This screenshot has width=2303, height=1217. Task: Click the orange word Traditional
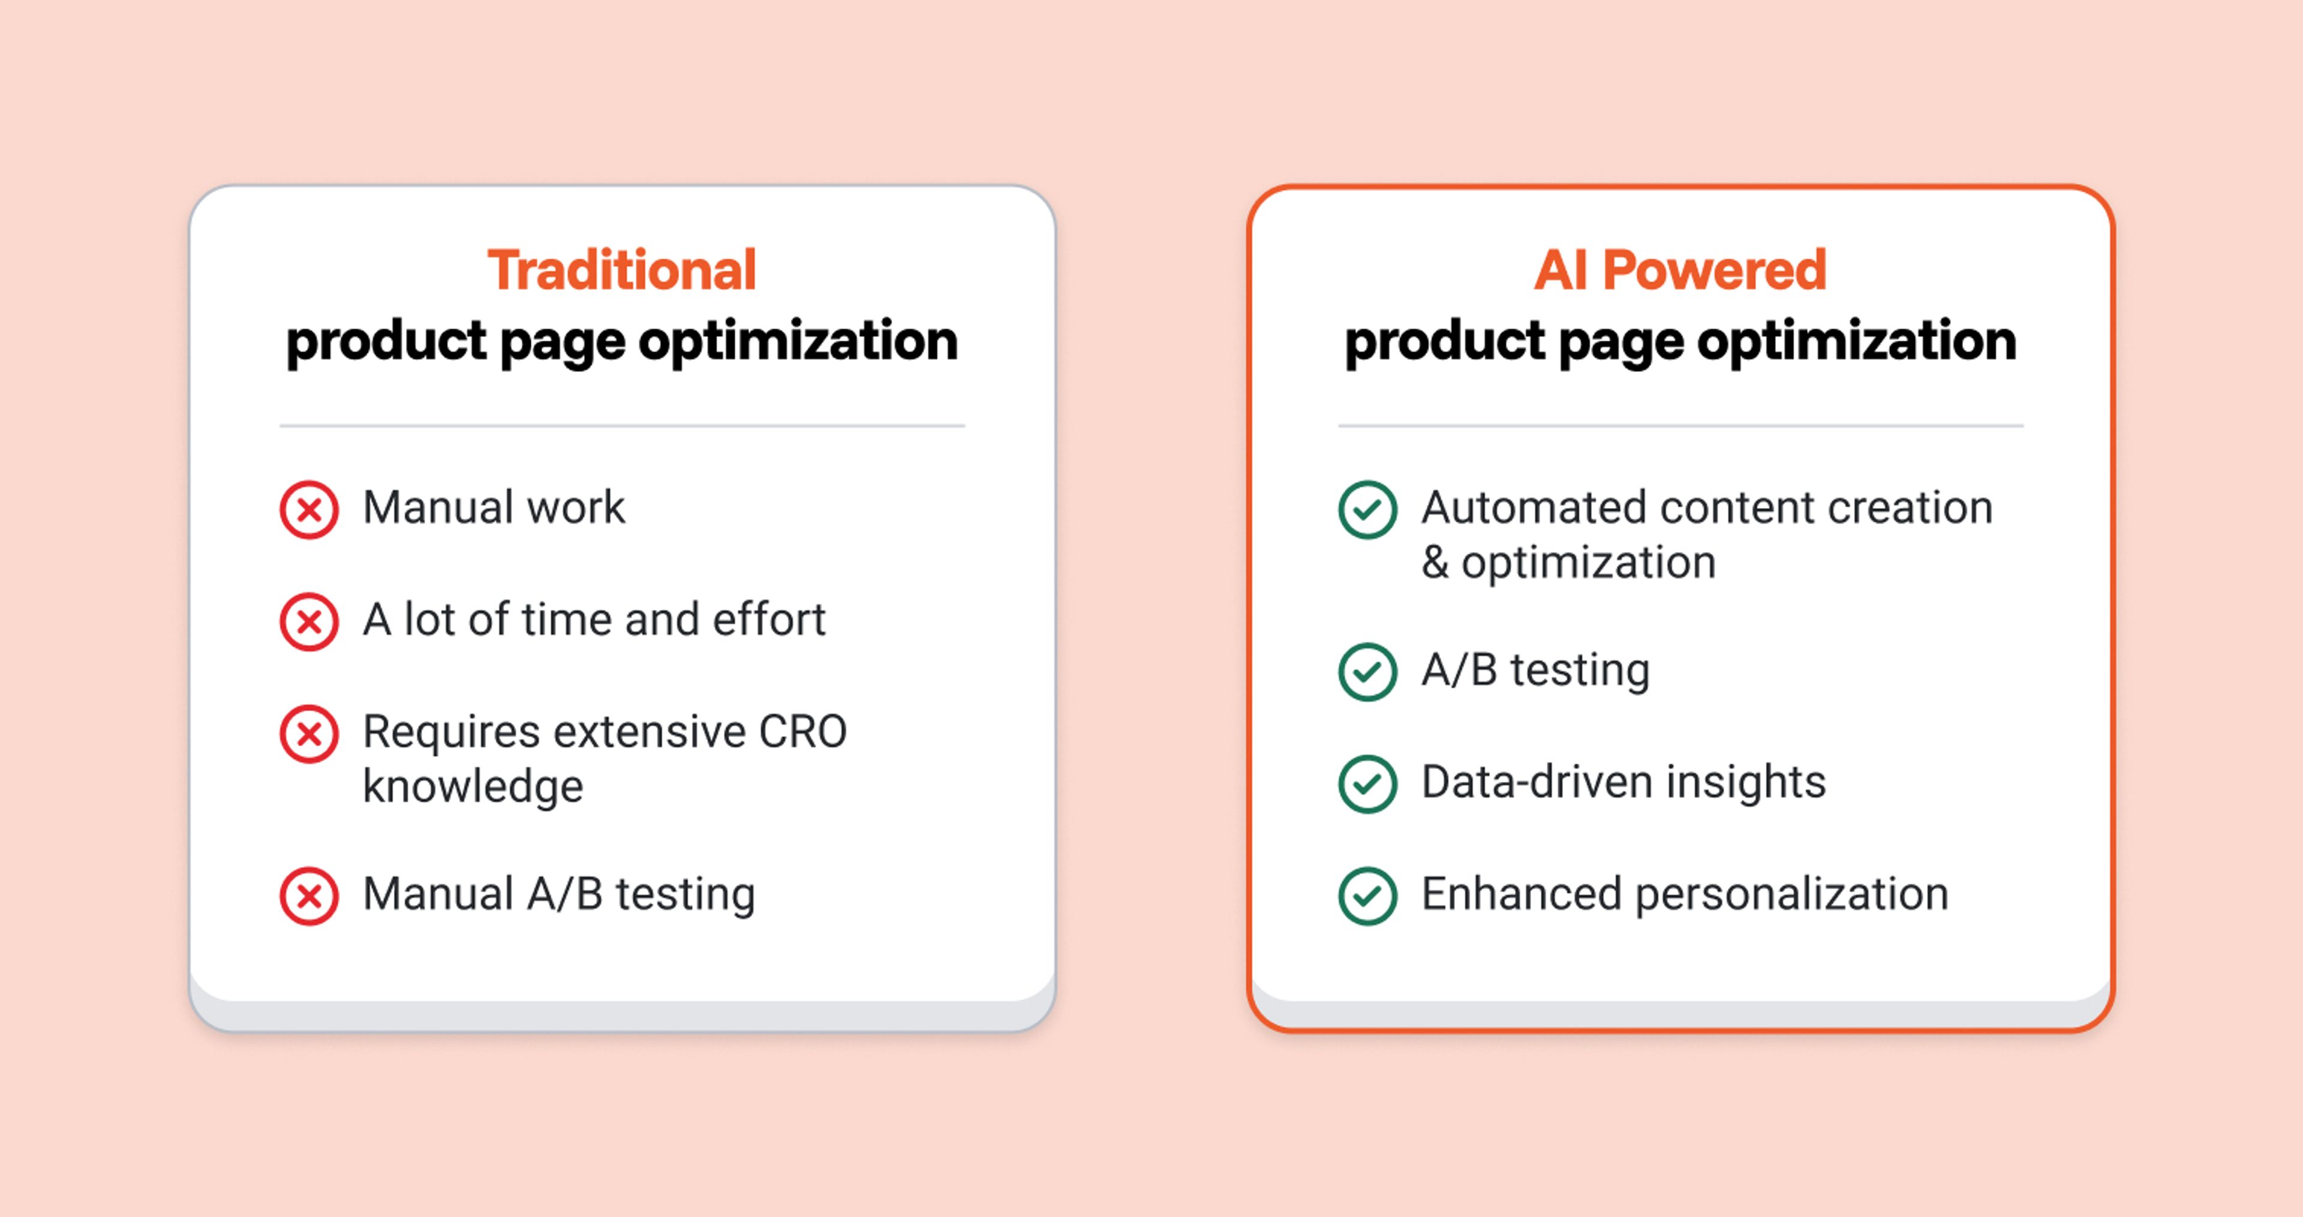[x=621, y=270]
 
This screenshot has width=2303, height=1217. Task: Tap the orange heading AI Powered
[x=1680, y=270]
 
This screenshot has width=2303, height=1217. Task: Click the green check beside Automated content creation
[x=1367, y=510]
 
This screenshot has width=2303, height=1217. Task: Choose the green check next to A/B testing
[x=1367, y=672]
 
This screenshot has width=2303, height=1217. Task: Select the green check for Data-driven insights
[x=1367, y=784]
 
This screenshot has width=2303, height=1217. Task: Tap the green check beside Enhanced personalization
[x=1367, y=896]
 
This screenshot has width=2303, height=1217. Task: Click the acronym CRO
[x=802, y=731]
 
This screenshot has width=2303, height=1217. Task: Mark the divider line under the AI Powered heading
[x=1680, y=426]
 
